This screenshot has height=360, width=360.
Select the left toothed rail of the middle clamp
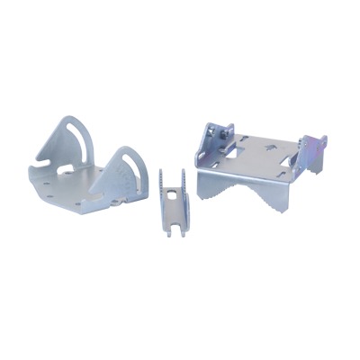162,193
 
